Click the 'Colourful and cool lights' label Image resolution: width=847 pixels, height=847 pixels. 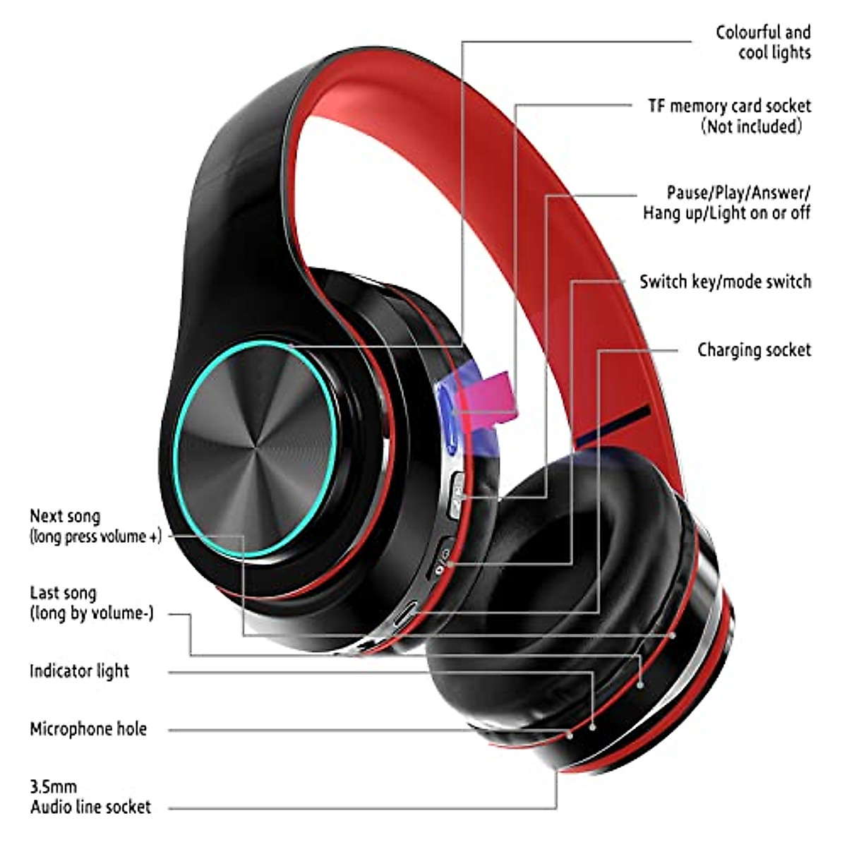[764, 42]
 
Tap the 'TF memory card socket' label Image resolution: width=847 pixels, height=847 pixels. [730, 107]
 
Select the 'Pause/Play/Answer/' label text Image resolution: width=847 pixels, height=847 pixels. [738, 193]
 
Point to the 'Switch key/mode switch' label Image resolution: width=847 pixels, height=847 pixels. [726, 282]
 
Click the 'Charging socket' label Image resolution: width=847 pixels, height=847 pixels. [755, 350]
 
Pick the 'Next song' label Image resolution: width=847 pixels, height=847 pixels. [65, 516]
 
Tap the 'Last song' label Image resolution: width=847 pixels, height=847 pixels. [63, 594]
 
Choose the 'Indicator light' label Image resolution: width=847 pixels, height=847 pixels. [80, 671]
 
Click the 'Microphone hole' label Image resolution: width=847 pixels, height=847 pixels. [88, 728]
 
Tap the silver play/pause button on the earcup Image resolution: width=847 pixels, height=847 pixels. [456, 495]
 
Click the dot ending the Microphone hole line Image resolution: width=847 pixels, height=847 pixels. [570, 735]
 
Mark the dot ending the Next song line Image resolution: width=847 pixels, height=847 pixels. [673, 635]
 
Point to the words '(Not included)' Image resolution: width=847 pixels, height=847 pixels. [752, 126]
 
